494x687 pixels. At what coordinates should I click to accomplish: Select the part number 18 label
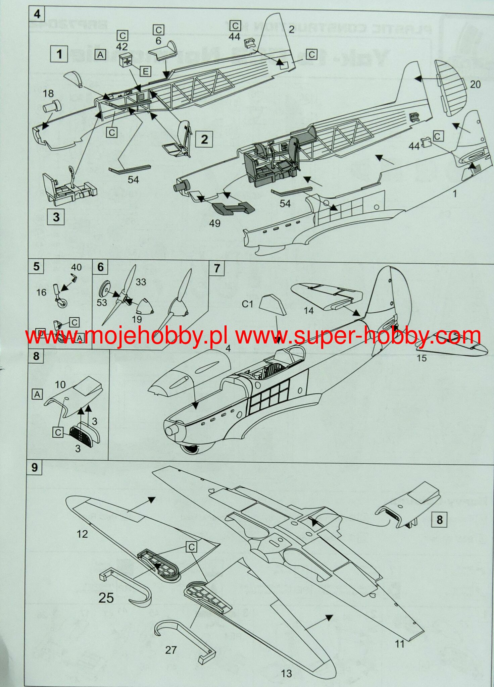click(48, 94)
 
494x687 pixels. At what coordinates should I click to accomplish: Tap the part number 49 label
click(214, 223)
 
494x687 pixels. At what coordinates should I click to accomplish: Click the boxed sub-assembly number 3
click(56, 217)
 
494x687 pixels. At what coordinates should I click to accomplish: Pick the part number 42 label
click(122, 46)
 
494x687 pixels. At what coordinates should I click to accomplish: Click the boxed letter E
click(145, 71)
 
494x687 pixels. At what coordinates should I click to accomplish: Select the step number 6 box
click(100, 267)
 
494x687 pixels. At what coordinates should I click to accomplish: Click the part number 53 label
click(102, 302)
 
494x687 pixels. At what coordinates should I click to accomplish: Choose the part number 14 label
click(308, 310)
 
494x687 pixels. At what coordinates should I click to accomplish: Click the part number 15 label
click(422, 358)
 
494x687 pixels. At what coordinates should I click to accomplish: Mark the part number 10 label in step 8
click(60, 384)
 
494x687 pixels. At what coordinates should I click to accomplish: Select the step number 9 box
click(34, 468)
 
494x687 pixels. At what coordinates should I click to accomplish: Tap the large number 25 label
click(106, 597)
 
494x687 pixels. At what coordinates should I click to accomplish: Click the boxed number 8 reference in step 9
click(439, 520)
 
